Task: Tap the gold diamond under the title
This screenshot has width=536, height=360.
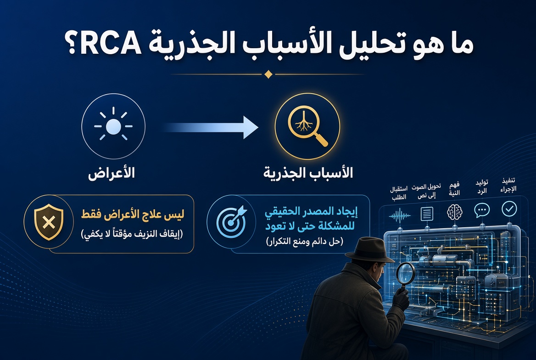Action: (268, 74)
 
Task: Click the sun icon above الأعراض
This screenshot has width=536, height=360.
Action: (113, 126)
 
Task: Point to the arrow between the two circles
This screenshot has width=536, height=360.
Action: (210, 127)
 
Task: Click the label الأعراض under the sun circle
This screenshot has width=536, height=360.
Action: (112, 173)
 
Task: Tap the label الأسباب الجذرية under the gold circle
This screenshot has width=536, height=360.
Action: (308, 173)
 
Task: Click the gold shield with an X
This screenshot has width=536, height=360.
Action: (49, 222)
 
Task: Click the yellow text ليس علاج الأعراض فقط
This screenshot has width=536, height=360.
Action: (133, 214)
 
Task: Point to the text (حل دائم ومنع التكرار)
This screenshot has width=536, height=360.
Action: (304, 241)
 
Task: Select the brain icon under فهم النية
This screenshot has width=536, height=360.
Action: (455, 212)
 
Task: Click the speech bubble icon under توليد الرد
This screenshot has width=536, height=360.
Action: (482, 210)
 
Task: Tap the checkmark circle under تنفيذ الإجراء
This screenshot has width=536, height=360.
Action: (509, 208)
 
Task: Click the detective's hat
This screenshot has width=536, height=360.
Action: (369, 250)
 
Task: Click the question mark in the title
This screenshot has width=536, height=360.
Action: (72, 45)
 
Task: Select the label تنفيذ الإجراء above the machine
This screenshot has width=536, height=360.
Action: (508, 185)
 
